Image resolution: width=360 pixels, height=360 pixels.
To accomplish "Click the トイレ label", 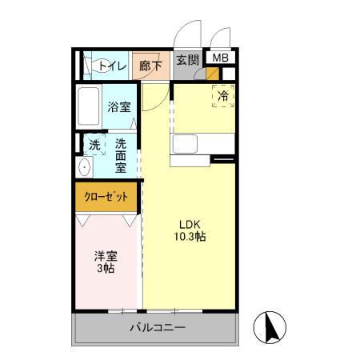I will pyautogui.click(x=112, y=67).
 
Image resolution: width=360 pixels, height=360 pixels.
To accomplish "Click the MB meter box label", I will pyautogui.click(x=219, y=58).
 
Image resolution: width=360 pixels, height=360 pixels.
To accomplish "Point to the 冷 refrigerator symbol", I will pyautogui.click(x=224, y=95).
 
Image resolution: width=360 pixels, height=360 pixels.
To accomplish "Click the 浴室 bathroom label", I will pyautogui.click(x=119, y=106).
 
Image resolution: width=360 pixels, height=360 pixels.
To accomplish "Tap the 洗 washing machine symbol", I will pyautogui.click(x=94, y=145).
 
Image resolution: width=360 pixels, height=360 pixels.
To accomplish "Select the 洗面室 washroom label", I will pyautogui.click(x=120, y=156).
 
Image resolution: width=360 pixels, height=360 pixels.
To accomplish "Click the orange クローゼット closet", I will pyautogui.click(x=106, y=197).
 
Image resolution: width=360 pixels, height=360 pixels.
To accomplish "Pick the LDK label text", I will pyautogui.click(x=189, y=224).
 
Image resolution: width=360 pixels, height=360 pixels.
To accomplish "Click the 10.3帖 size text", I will pyautogui.click(x=189, y=238).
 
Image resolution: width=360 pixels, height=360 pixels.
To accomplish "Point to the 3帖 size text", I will pyautogui.click(x=106, y=270).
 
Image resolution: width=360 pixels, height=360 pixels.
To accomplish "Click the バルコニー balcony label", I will pyautogui.click(x=158, y=329).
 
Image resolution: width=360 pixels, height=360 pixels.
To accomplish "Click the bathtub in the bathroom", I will pyautogui.click(x=89, y=106).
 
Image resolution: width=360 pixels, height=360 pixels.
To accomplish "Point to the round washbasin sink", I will pyautogui.click(x=84, y=168).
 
